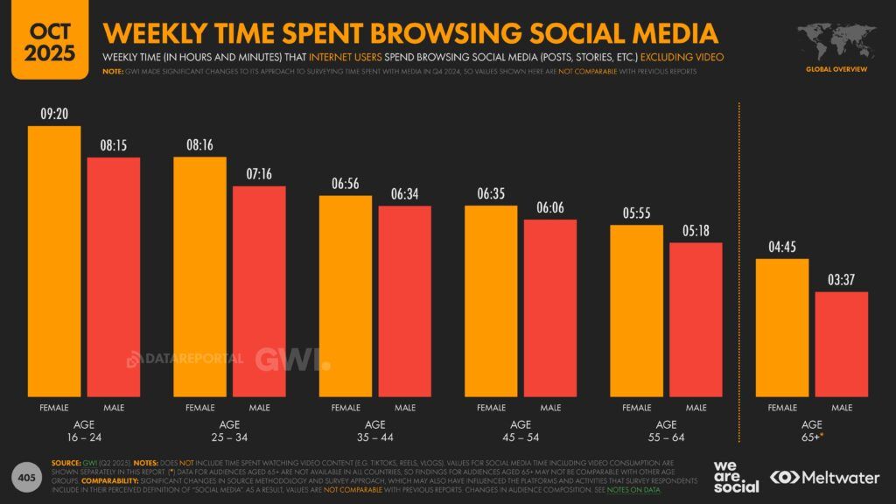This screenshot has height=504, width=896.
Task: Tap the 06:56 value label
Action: click(346, 184)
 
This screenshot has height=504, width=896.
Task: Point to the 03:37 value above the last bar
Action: click(841, 280)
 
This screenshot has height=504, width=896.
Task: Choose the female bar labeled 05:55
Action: click(636, 311)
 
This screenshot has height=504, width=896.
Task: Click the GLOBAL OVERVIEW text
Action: click(836, 69)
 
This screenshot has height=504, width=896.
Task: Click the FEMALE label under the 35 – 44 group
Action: click(346, 408)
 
